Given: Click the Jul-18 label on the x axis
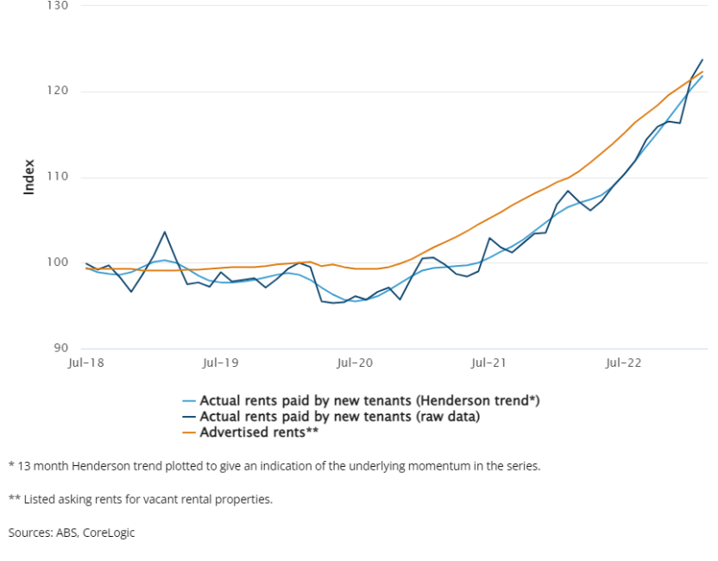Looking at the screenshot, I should [86, 364].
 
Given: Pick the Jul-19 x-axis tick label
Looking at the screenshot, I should [220, 364].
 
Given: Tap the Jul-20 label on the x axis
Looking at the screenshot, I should [355, 364].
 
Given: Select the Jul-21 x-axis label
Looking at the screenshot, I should [488, 364].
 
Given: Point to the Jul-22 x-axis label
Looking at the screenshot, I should [622, 364].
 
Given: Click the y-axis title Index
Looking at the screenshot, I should [28, 177].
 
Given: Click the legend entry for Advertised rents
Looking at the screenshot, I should [260, 432].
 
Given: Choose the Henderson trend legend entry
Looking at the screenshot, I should [369, 400].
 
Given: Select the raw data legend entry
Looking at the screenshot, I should [340, 416].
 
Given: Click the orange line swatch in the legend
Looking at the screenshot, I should [188, 432].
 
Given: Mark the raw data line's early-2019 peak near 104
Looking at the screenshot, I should [164, 231].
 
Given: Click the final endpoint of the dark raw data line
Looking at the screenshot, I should [702, 60].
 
